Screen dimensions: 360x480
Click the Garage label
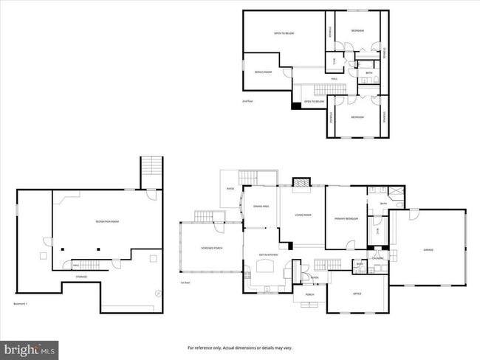click(x=428, y=250)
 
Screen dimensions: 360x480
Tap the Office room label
click(x=357, y=294)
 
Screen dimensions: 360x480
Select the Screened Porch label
click(x=213, y=248)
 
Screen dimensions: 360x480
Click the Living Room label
click(x=303, y=215)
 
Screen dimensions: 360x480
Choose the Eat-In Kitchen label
click(x=267, y=255)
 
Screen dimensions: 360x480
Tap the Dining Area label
click(x=261, y=207)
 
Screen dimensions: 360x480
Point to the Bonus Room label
click(x=264, y=72)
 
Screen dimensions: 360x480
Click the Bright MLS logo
click(x=30, y=347)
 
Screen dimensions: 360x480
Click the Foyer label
click(x=314, y=278)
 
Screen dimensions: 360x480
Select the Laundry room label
click(x=377, y=257)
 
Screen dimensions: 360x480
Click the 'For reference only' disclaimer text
click(x=239, y=347)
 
